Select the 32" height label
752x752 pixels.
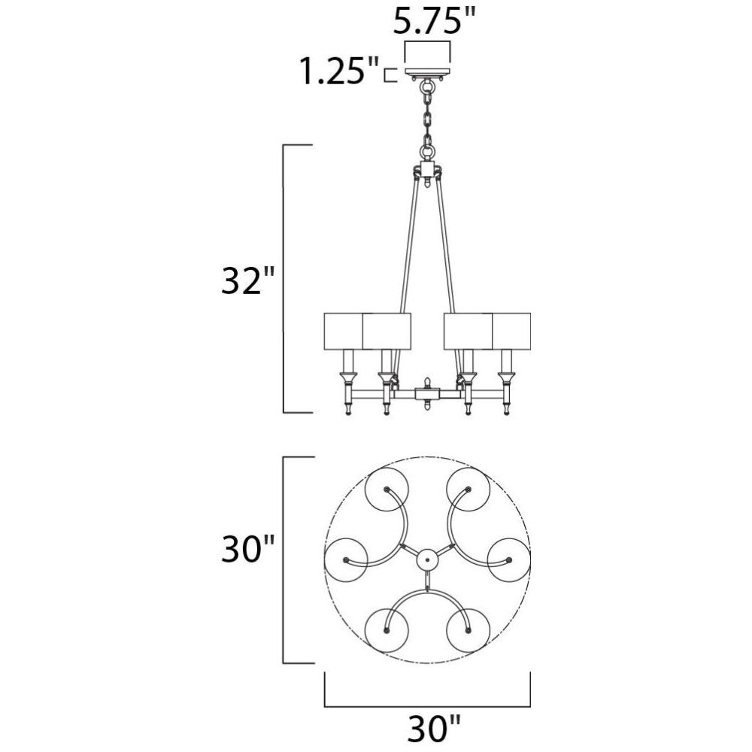coord(247,280)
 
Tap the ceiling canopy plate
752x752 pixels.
coord(428,72)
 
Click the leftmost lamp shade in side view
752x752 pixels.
coord(344,331)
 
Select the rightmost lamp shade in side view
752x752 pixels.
coord(511,331)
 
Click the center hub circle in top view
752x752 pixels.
coord(427,560)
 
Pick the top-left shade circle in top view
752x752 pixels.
coord(387,490)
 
